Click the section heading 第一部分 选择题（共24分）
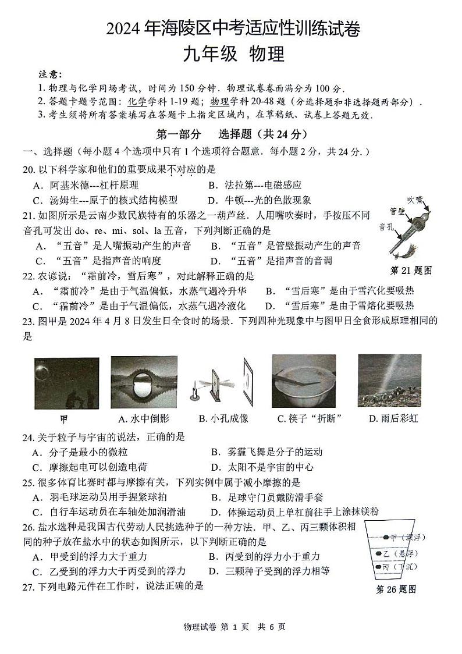[x=231, y=134]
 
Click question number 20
[x=29, y=169]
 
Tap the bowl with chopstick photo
[x=303, y=381]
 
